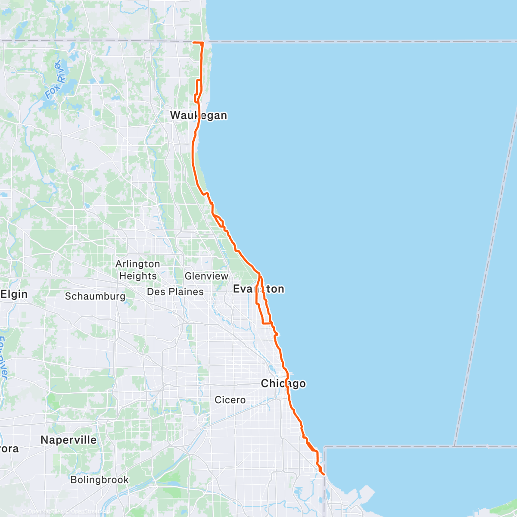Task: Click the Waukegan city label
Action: point(198,115)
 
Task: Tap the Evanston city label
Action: point(258,289)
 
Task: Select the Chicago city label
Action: point(283,383)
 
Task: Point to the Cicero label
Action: point(230,400)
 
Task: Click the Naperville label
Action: point(69,440)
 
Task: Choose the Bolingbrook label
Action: point(100,480)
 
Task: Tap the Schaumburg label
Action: point(95,296)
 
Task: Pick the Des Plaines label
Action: point(175,292)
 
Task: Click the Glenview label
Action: point(206,276)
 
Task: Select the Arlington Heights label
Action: point(138,270)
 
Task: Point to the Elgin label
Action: point(14,294)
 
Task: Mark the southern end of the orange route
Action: point(324,475)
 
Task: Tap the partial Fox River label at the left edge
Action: point(3,358)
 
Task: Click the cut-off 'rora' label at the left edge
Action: point(9,448)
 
